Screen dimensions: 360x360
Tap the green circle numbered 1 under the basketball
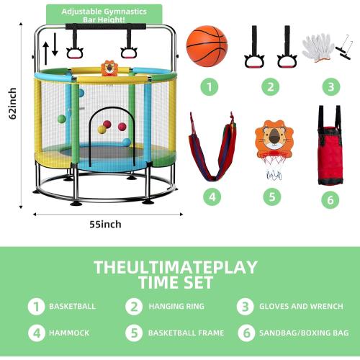click(209, 88)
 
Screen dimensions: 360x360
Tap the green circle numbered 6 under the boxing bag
click(330, 199)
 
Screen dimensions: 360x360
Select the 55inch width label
click(105, 224)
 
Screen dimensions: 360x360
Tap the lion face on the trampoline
click(108, 69)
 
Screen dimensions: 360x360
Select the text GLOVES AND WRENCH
click(301, 306)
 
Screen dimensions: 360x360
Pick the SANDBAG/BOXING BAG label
click(303, 333)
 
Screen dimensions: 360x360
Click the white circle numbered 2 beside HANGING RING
click(134, 306)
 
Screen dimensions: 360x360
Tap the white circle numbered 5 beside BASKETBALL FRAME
click(134, 333)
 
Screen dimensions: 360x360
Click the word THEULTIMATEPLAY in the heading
click(175, 267)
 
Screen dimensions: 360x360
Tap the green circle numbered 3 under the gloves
click(330, 88)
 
